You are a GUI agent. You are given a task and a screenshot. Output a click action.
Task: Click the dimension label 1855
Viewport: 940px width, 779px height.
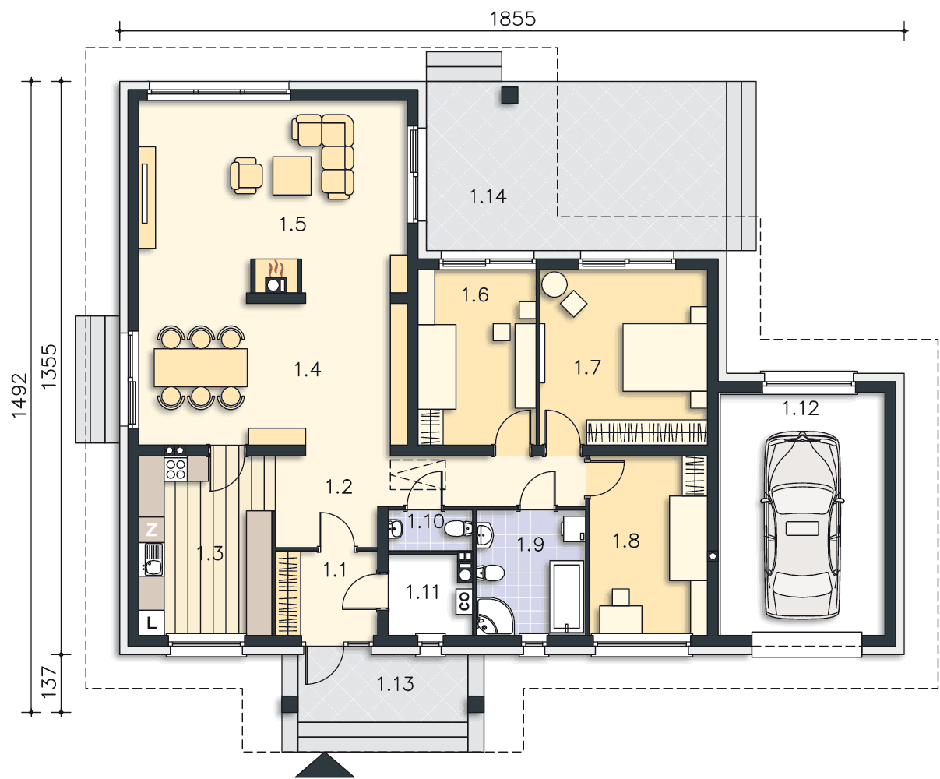tap(512, 19)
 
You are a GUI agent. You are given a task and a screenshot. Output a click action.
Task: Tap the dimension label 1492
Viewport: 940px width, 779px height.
tap(19, 396)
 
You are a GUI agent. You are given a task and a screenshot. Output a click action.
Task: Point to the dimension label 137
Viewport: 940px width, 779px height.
tap(50, 682)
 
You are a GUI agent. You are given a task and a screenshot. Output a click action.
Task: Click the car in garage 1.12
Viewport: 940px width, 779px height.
tap(802, 525)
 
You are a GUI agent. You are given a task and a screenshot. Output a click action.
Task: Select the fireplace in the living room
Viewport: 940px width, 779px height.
tap(276, 280)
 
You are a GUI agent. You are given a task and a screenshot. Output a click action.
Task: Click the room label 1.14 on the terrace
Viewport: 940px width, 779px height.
tap(488, 196)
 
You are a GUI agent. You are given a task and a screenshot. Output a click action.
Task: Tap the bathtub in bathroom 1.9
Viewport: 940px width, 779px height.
tap(566, 597)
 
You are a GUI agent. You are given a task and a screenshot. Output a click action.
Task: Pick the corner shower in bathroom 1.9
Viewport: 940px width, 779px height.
tap(495, 616)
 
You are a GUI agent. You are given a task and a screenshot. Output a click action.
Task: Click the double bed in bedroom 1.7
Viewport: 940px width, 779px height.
tap(664, 357)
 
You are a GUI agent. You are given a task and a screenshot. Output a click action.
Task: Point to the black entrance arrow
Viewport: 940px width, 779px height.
tap(325, 766)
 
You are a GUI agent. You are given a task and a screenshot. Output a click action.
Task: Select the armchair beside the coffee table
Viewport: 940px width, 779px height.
tap(246, 175)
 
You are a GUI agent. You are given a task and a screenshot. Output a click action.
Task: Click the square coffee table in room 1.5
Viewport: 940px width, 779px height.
tap(292, 175)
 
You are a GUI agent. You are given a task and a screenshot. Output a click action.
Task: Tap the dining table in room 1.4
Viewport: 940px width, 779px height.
tap(201, 368)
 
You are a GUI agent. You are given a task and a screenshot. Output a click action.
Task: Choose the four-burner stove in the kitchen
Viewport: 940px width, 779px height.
tap(175, 468)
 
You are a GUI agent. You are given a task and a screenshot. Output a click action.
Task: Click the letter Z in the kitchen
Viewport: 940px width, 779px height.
tap(151, 530)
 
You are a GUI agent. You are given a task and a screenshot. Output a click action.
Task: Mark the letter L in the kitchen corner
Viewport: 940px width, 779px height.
tap(151, 622)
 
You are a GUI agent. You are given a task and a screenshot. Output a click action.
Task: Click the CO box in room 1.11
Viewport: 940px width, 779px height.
tap(464, 601)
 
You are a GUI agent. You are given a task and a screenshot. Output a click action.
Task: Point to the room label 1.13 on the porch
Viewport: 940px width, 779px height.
tap(395, 684)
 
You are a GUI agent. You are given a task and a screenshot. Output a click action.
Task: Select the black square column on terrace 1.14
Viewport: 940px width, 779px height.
tap(510, 95)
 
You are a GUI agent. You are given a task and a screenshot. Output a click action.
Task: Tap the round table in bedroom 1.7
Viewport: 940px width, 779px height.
tap(554, 284)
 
